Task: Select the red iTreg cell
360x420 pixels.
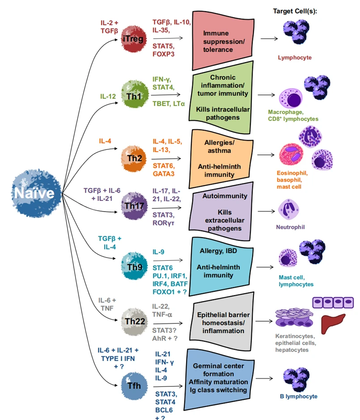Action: pos(133,39)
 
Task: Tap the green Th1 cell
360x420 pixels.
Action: pos(132,94)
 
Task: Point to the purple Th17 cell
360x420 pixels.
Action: pos(133,206)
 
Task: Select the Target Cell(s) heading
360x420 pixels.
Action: pos(295,11)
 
